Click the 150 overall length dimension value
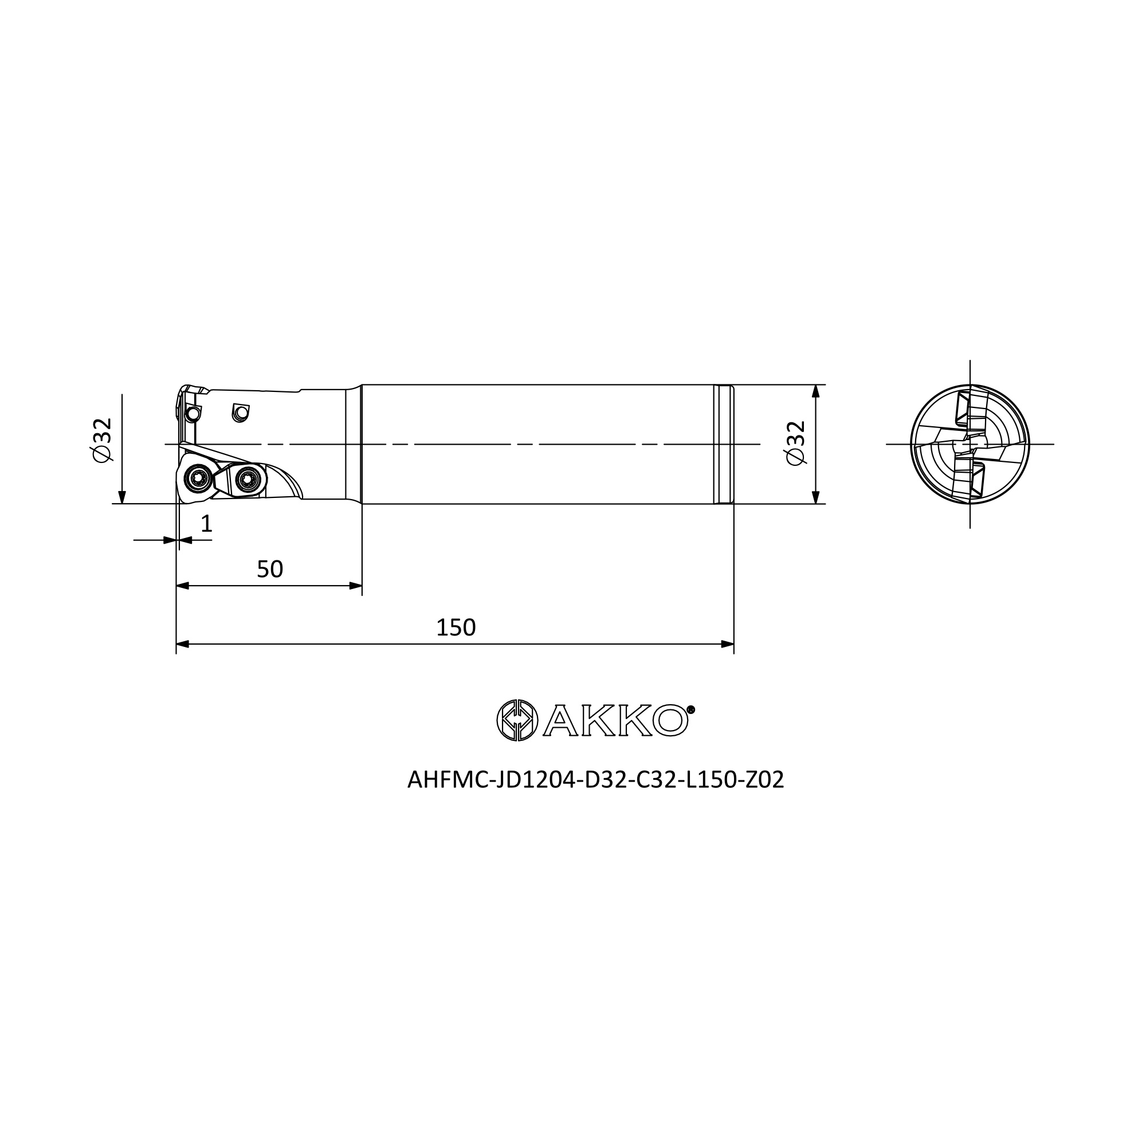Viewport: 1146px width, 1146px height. pyautogui.click(x=456, y=627)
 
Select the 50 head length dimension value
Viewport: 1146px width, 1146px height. pyautogui.click(x=270, y=570)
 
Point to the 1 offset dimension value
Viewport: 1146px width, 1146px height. pyautogui.click(x=206, y=524)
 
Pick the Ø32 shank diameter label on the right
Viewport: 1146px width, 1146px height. pyautogui.click(x=795, y=443)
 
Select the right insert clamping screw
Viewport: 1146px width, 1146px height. pyautogui.click(x=248, y=477)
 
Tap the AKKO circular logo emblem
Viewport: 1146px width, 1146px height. pyautogui.click(x=517, y=720)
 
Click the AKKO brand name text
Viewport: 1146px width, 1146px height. pyautogui.click(x=615, y=720)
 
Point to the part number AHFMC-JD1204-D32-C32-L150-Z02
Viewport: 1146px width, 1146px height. pyautogui.click(x=595, y=780)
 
